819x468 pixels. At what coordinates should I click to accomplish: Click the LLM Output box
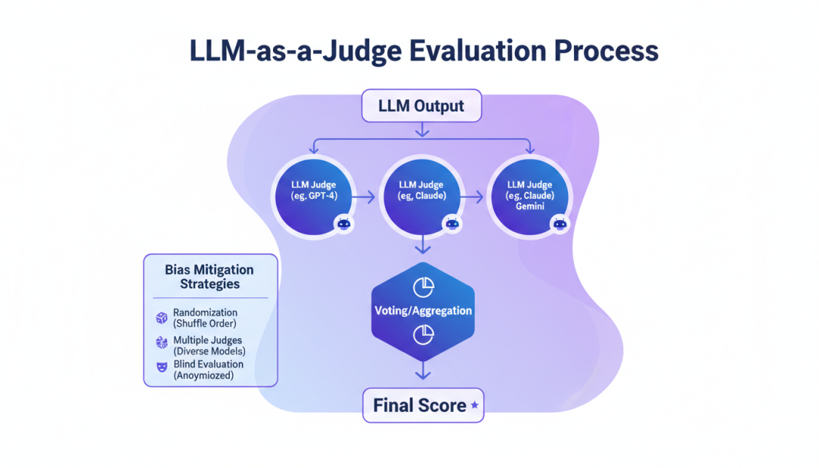pos(421,105)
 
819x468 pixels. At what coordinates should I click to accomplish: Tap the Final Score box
pos(422,406)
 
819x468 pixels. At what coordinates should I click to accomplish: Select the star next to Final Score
pos(475,406)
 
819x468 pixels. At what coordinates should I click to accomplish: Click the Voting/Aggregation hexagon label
pos(422,310)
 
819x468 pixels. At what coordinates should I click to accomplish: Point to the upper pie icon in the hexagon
pos(422,287)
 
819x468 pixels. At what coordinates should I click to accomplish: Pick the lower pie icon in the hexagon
pos(422,335)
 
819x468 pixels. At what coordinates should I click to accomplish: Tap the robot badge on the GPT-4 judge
pos(344,223)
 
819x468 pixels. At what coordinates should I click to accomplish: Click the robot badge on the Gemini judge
pos(560,223)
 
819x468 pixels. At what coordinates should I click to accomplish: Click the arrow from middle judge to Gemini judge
pos(473,197)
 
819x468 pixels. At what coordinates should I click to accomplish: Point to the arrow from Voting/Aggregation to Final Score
pos(422,371)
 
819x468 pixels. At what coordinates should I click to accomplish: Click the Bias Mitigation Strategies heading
pos(210,277)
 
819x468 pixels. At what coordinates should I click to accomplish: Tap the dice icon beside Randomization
pos(161,318)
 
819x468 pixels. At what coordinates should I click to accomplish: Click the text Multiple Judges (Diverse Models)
pos(209,346)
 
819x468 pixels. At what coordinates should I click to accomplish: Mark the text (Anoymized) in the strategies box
pos(203,375)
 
